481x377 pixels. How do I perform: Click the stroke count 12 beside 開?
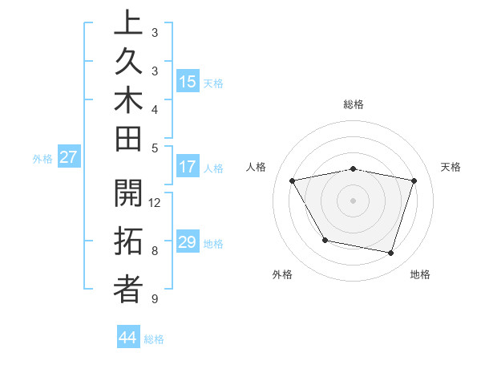click(156, 202)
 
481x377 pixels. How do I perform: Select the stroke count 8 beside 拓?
click(156, 251)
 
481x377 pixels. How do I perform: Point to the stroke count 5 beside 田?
click(156, 148)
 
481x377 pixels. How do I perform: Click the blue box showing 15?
click(188, 82)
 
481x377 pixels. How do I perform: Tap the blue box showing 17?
click(188, 168)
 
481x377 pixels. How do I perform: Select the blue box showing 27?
click(68, 157)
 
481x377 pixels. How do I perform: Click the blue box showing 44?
click(128, 338)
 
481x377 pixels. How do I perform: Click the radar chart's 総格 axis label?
click(354, 104)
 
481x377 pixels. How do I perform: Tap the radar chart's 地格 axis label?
click(420, 274)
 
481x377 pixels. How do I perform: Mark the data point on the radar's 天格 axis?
click(414, 181)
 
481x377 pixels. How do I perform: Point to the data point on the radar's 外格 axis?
click(324, 240)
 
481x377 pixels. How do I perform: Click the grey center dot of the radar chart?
click(354, 201)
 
